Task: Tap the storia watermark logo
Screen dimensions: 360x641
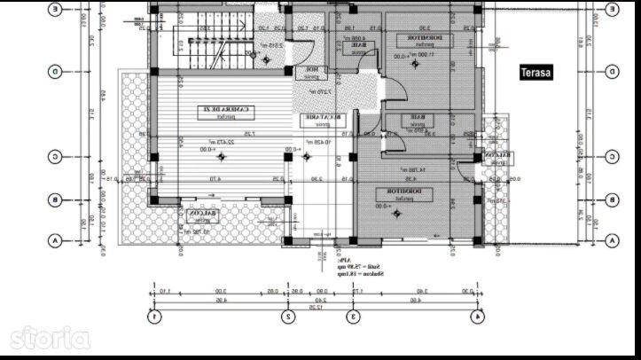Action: click(49, 337)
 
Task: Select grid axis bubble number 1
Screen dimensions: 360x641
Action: click(154, 315)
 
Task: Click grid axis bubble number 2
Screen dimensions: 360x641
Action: click(288, 315)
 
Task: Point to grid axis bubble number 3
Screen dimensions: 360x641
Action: click(352, 315)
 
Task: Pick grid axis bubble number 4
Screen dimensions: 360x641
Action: click(479, 315)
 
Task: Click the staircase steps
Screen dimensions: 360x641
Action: click(190, 44)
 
